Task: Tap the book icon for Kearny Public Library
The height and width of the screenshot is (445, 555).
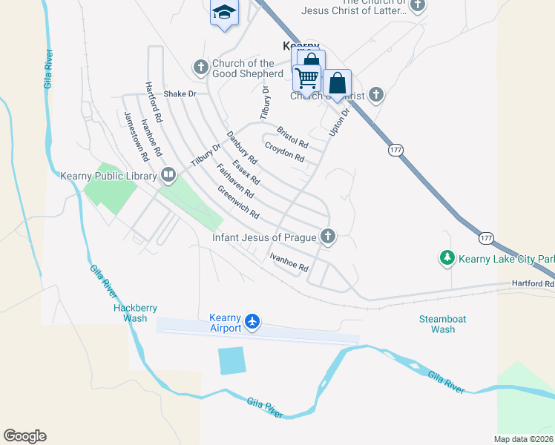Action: (168, 176)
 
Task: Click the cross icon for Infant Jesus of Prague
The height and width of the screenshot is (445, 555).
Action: (327, 237)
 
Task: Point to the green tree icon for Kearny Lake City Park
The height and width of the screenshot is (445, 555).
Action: (447, 258)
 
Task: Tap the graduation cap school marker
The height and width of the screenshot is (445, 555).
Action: (224, 13)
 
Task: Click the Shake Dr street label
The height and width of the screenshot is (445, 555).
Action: (180, 94)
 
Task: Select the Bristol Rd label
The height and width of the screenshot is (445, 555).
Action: (292, 136)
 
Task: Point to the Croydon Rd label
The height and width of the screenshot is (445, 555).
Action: (284, 152)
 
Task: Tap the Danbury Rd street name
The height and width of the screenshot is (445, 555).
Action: (241, 148)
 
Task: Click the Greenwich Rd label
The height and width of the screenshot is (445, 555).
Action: (237, 202)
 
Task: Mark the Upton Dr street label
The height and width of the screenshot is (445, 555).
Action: (339, 122)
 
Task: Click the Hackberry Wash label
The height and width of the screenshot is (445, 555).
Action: (131, 312)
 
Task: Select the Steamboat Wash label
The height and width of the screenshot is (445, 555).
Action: (442, 324)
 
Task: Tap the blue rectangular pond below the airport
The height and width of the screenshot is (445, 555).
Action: (231, 360)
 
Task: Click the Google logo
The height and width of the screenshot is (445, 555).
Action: (24, 436)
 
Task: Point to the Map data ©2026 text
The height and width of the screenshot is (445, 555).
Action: (524, 438)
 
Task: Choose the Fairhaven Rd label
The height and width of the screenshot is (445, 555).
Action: (235, 181)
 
